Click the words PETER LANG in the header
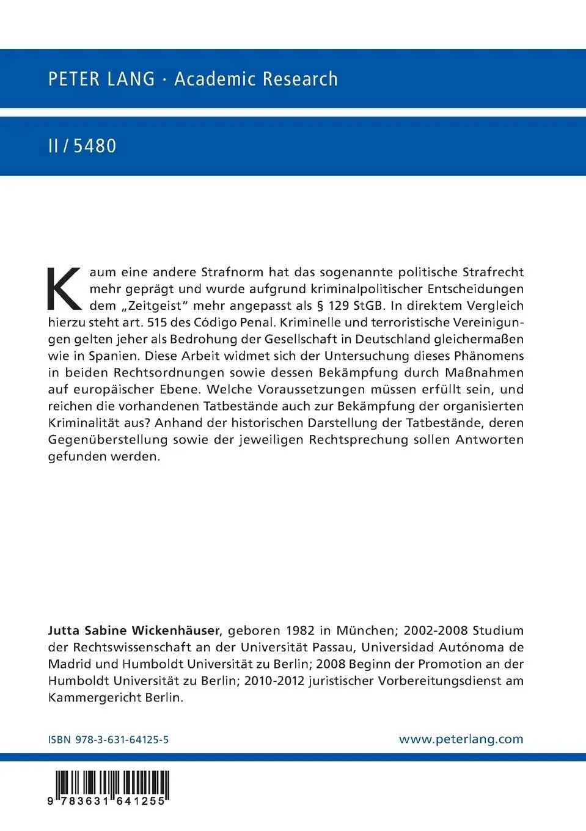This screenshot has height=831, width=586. coord(101,79)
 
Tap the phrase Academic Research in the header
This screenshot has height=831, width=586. coord(255,79)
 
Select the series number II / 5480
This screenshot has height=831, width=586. coord(82,146)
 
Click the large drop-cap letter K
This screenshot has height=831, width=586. coord(65,288)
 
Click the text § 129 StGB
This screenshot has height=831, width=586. coord(350,306)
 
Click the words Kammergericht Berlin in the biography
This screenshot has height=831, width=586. coord(115,697)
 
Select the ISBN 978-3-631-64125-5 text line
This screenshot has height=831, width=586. coord(108,739)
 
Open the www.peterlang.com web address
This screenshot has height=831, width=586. coord(461,739)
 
